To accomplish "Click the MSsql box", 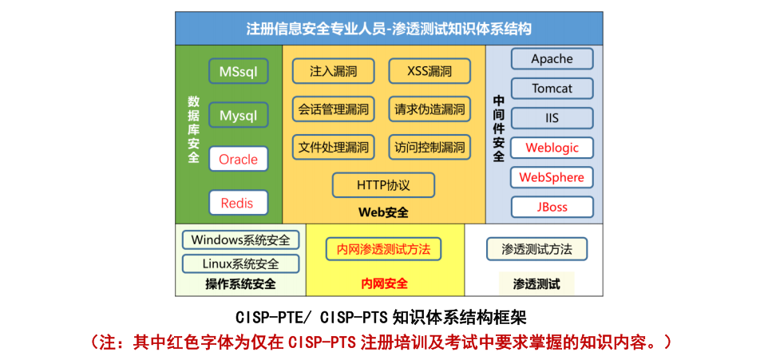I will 238,71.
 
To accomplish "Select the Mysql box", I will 238,115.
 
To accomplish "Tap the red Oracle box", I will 238,159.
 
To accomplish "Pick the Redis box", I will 238,203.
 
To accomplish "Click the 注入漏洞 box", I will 333,71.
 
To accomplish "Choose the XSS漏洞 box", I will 430,71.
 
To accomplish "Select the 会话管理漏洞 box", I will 333,109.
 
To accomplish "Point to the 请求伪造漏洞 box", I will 430,109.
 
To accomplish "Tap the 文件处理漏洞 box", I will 333,147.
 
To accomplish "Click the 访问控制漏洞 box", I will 430,147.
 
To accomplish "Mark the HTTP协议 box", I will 383,185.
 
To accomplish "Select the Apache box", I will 552,59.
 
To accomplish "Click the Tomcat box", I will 552,89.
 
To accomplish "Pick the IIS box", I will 552,118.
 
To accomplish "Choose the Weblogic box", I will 552,148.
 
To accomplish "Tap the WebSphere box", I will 552,177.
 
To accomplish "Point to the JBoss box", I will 552,207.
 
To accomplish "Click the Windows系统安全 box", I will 240,239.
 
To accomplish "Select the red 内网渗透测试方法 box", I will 383,249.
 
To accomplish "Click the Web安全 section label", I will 383,212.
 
